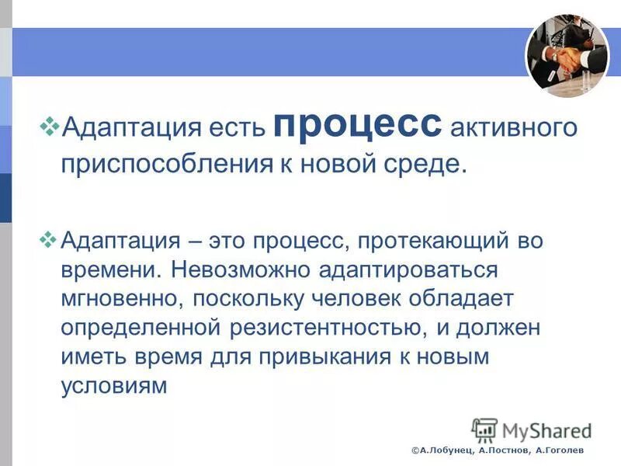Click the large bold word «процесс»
[358, 125]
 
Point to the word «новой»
[332, 165]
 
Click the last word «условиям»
[115, 386]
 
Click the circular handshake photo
[567, 57]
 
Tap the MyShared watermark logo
[531, 429]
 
